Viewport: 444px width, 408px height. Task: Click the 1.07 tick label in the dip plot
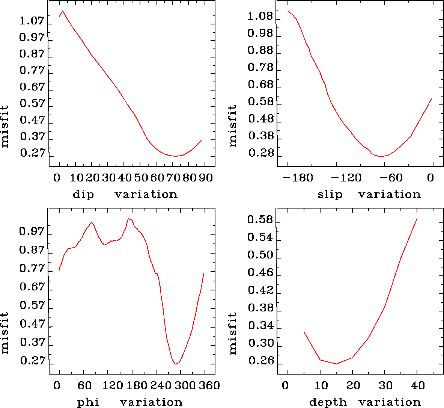point(32,21)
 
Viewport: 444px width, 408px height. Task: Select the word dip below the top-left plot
point(83,195)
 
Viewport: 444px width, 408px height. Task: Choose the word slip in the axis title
point(330,195)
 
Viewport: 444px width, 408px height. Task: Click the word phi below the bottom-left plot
point(88,403)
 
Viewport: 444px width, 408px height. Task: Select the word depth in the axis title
point(328,403)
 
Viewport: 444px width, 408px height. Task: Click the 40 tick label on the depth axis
point(417,385)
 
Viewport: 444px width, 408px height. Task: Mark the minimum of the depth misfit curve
point(336,364)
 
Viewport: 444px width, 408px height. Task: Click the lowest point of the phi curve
point(176,364)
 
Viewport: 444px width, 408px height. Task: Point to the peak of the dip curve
point(63,11)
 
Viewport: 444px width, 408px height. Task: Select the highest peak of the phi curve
point(129,219)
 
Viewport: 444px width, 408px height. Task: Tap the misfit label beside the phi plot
point(5,333)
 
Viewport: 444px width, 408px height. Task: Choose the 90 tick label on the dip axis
point(206,178)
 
